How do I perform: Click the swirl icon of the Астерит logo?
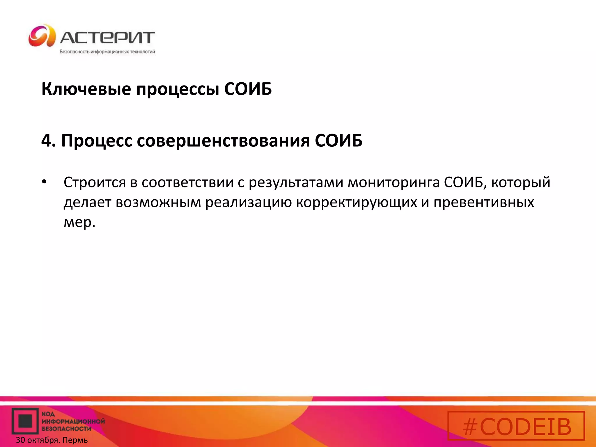[x=42, y=36]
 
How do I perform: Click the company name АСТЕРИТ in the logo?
[x=107, y=38]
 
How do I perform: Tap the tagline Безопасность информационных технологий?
[x=107, y=52]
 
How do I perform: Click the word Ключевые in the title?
[x=86, y=89]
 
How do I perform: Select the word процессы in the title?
[x=178, y=89]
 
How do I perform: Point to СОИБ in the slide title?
[x=248, y=89]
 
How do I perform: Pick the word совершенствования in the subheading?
[x=223, y=141]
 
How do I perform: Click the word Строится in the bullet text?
[x=95, y=183]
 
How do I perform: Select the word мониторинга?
[x=394, y=183]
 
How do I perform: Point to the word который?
[x=521, y=183]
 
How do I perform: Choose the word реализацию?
[x=249, y=203]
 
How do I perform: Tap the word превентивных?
[x=484, y=203]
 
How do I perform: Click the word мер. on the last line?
[x=79, y=222]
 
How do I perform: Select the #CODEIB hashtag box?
[x=516, y=425]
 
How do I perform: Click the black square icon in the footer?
[x=25, y=421]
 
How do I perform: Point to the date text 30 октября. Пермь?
[x=52, y=440]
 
